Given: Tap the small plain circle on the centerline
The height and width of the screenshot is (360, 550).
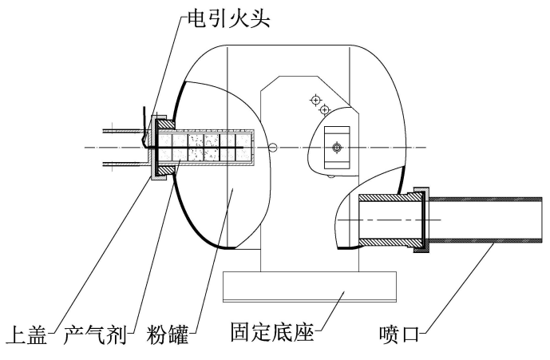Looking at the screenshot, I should click(x=273, y=146).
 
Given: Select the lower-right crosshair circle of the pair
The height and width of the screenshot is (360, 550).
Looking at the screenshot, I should click(x=324, y=109).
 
